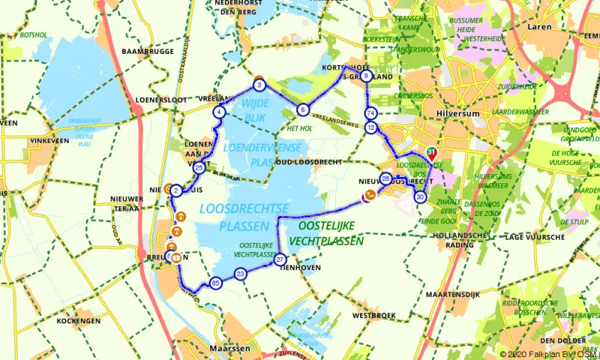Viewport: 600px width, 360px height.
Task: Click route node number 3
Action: (259, 85)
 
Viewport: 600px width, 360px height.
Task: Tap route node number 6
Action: (302, 109)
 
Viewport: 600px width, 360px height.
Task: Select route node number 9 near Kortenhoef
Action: (366, 76)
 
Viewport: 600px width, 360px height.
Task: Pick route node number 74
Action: (370, 113)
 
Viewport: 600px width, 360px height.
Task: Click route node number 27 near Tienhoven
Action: (280, 259)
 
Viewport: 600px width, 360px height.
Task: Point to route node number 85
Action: (216, 283)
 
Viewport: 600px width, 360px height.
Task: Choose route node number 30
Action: (420, 197)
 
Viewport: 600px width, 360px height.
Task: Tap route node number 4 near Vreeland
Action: (219, 112)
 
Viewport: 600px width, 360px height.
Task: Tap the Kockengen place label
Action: (78, 321)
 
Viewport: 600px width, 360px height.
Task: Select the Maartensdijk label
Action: (452, 294)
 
